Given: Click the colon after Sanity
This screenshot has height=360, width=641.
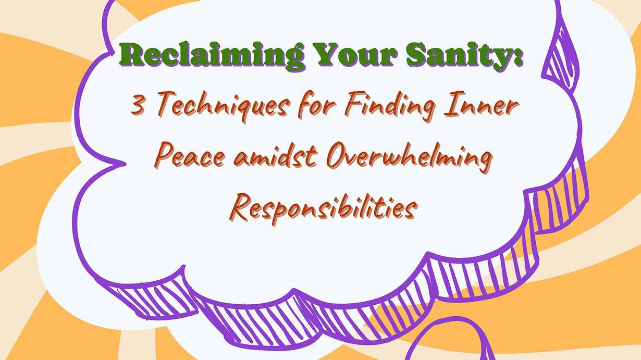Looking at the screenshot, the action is (516, 57).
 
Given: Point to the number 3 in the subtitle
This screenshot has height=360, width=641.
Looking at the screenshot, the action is (138, 104).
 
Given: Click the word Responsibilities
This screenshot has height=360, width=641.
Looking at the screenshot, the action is (323, 208).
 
